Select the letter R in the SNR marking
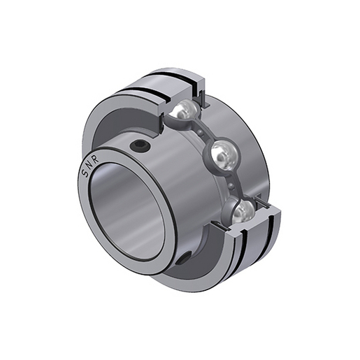pos(96,160)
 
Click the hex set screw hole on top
pos(139,146)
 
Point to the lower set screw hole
pos(182,259)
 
